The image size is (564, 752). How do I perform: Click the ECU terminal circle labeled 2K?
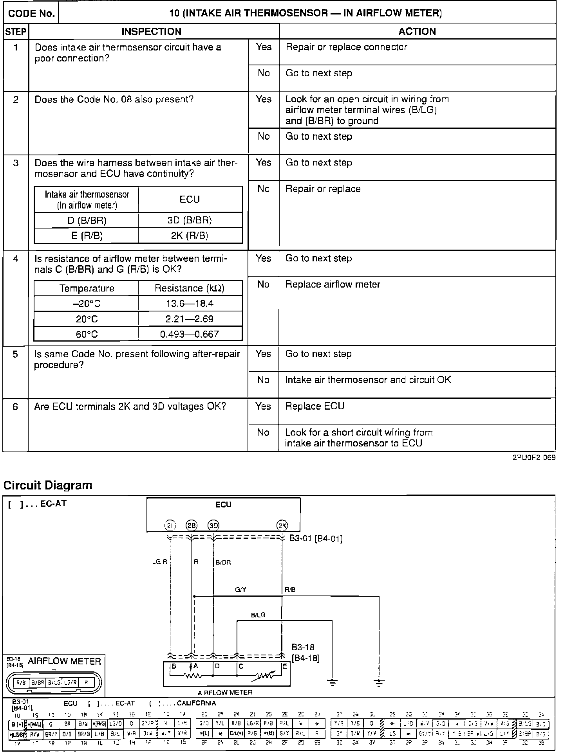pyautogui.click(x=282, y=526)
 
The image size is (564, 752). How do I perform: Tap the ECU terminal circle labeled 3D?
pyautogui.click(x=213, y=526)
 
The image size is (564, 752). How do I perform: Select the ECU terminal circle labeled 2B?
pyautogui.click(x=192, y=526)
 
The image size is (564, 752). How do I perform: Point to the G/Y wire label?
pyautogui.click(x=240, y=590)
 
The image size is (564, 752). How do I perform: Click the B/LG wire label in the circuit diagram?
pyautogui.click(x=258, y=615)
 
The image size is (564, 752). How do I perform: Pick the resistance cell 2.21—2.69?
pyautogui.click(x=190, y=319)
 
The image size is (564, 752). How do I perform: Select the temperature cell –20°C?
pyautogui.click(x=87, y=304)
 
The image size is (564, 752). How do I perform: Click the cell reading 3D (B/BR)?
pyautogui.click(x=190, y=220)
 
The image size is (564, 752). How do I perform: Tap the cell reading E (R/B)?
pyautogui.click(x=87, y=236)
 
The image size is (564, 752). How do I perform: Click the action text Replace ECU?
pyautogui.click(x=315, y=406)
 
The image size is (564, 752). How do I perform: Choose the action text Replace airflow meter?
pyautogui.click(x=333, y=284)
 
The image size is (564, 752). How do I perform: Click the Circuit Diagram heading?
pyautogui.click(x=48, y=485)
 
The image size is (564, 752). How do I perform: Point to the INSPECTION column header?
pyautogui.click(x=151, y=31)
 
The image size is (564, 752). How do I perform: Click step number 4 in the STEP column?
pyautogui.click(x=15, y=259)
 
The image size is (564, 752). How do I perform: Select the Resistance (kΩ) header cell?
pyautogui.click(x=190, y=288)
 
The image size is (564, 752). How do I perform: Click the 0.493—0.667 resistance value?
pyautogui.click(x=190, y=334)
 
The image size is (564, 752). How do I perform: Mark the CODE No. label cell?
pyautogui.click(x=31, y=13)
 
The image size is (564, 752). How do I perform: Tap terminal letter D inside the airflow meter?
pyautogui.click(x=217, y=666)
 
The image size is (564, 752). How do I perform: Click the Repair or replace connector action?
pyautogui.click(x=346, y=47)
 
